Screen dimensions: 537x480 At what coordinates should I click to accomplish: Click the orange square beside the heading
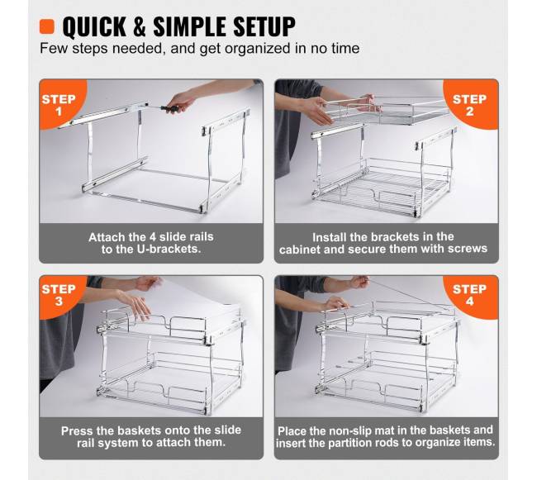tap(46, 26)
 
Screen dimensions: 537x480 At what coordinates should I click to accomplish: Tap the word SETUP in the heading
tap(264, 26)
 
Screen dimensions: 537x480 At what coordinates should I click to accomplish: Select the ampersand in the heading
tap(140, 26)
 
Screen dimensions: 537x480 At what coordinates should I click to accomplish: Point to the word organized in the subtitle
tap(257, 48)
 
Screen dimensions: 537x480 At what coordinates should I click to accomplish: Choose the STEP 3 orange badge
tap(61, 295)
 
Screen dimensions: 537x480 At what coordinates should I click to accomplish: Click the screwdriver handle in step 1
tap(170, 108)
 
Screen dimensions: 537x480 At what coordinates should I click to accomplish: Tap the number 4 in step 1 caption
tap(153, 237)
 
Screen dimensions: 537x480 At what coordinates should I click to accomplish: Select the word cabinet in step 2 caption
tap(299, 250)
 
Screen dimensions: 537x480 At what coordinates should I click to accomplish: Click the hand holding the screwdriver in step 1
tap(182, 100)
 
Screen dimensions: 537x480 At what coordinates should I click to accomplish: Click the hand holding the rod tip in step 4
tap(359, 283)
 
